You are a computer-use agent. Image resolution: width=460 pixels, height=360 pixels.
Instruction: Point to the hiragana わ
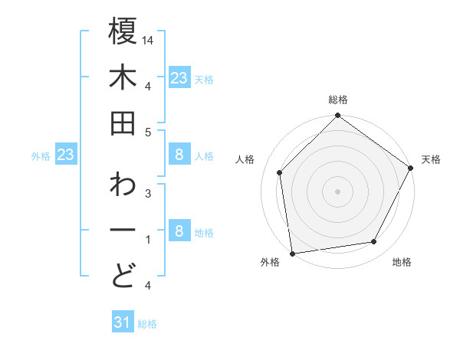click(123, 185)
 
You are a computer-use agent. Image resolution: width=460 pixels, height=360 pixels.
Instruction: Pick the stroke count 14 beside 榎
click(148, 39)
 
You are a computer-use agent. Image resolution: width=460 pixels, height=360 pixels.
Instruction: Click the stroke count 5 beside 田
click(148, 132)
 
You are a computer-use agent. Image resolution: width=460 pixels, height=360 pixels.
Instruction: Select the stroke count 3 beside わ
click(148, 193)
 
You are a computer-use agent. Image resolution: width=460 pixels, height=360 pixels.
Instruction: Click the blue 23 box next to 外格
click(66, 155)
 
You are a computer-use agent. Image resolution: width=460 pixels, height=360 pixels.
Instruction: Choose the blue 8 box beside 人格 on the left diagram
click(179, 155)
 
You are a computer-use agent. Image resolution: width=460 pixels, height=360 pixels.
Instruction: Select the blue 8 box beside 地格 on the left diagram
click(179, 231)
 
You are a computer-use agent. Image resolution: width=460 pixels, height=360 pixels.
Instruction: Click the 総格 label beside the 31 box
click(147, 324)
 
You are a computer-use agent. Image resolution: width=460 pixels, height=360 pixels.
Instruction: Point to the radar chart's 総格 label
click(337, 100)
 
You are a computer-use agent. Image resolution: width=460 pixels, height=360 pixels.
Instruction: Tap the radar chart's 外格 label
click(270, 262)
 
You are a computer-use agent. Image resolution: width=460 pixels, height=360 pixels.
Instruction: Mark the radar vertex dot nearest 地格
click(374, 242)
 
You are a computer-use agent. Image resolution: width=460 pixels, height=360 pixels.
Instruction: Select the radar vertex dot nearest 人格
click(280, 172)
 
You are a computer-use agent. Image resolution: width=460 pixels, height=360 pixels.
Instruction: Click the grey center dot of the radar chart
click(337, 191)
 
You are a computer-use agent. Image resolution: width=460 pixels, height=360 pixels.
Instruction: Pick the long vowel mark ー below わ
click(123, 231)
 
